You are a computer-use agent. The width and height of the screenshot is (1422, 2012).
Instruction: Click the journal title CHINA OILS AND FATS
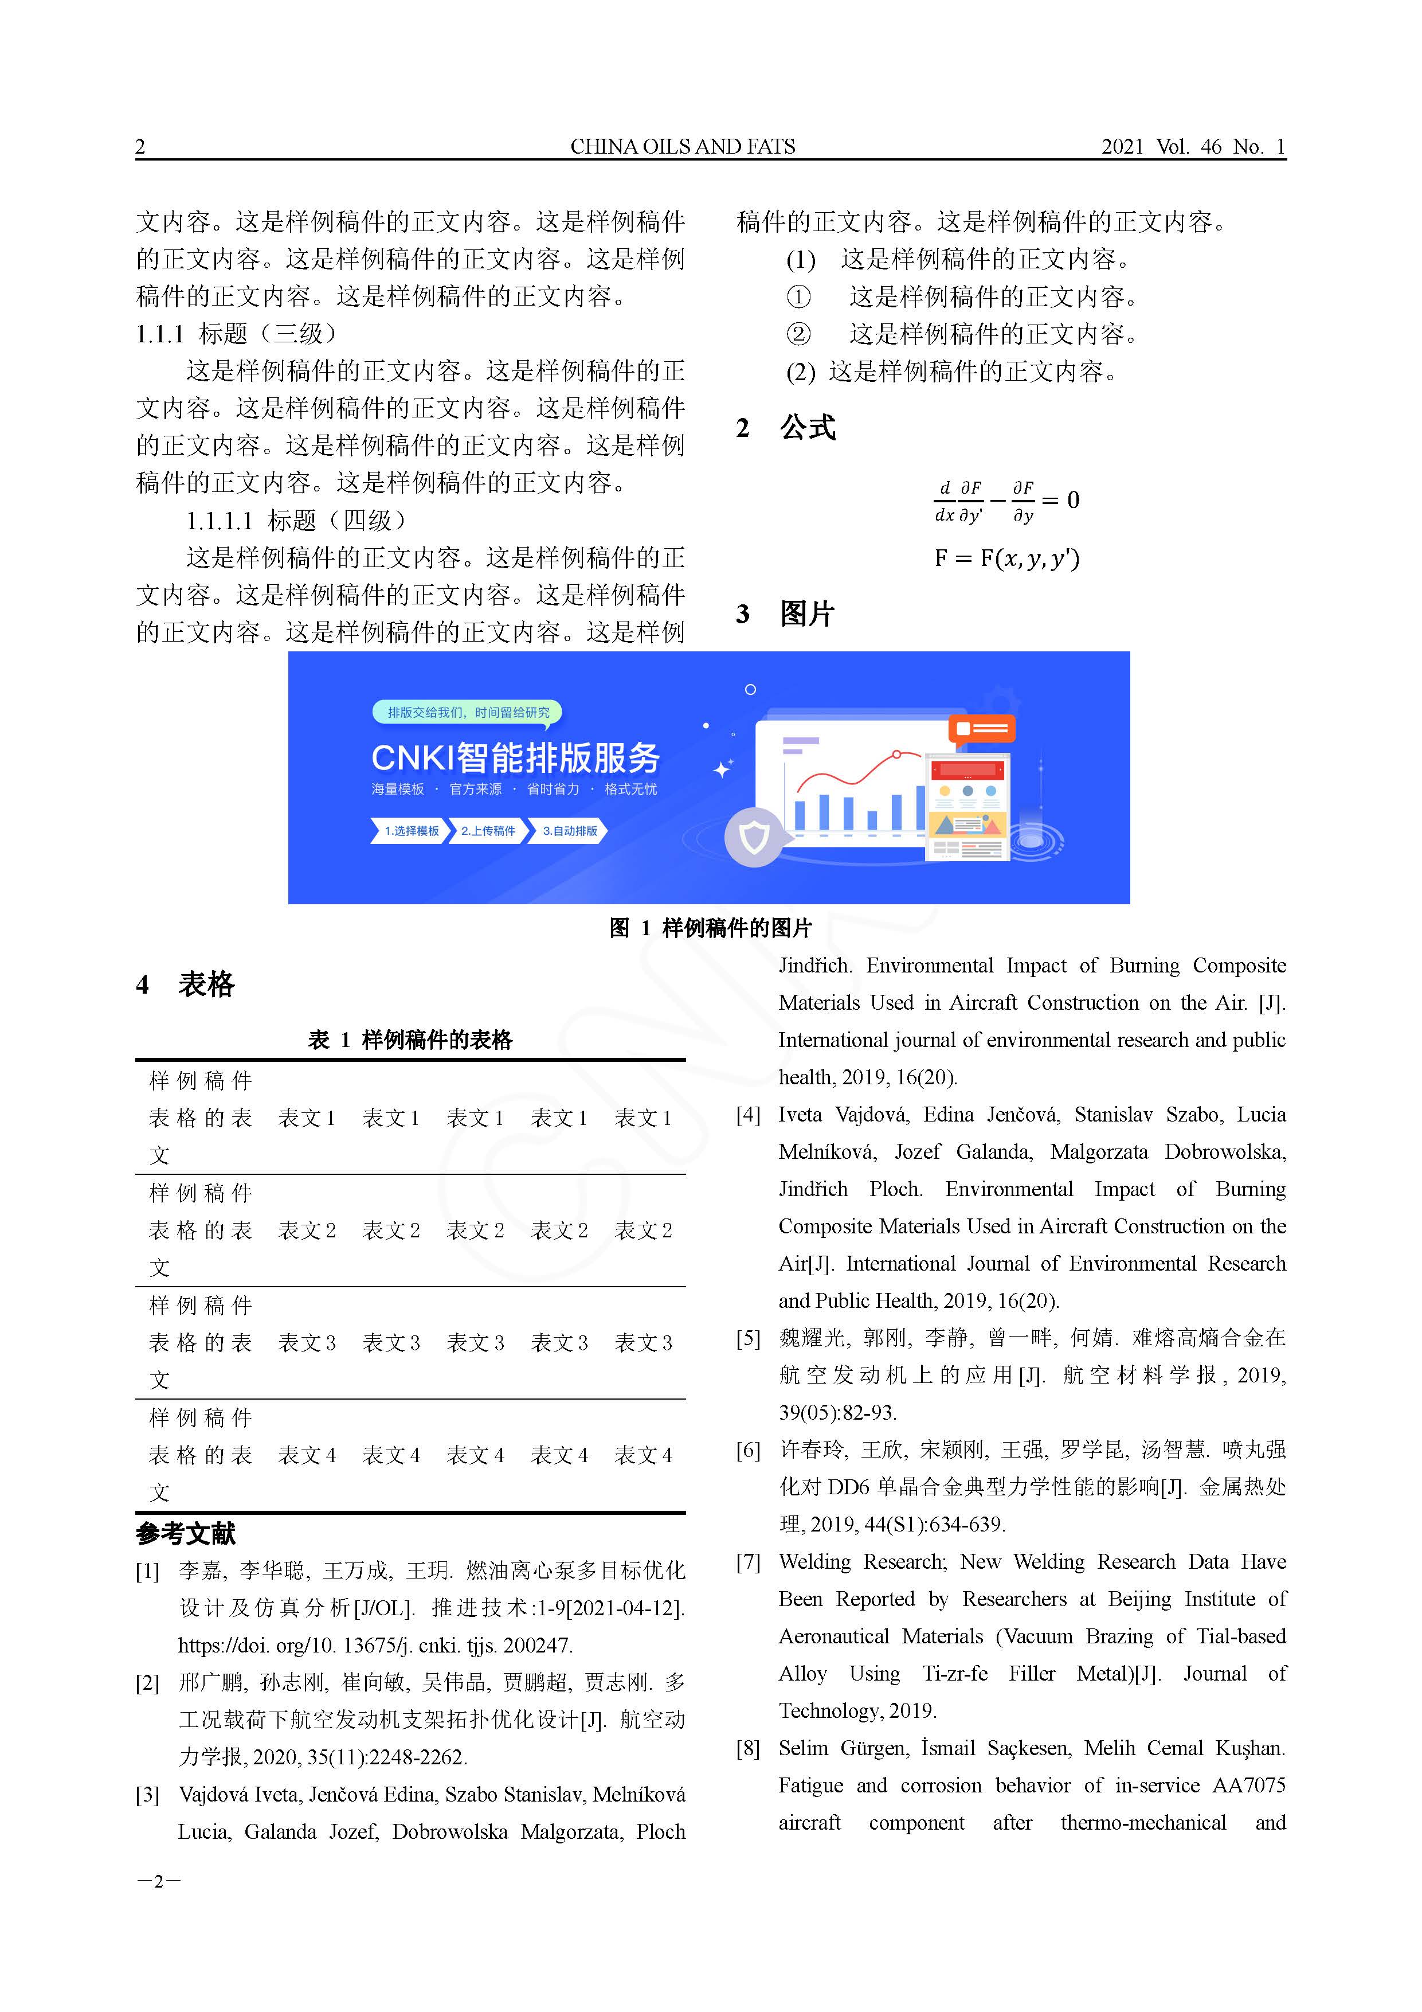[x=683, y=146]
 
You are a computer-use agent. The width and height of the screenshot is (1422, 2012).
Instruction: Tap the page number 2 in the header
[x=140, y=146]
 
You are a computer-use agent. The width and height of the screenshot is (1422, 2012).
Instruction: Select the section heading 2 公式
[x=786, y=428]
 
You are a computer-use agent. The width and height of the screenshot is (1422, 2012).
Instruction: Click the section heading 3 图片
[x=785, y=614]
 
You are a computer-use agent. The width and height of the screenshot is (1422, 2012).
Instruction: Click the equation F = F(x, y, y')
[x=1006, y=558]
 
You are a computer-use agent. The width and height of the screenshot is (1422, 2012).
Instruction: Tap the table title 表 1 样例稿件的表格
[x=410, y=1040]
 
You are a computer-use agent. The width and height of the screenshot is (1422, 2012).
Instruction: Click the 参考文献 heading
[x=186, y=1534]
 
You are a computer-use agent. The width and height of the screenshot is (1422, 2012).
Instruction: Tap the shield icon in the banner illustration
[x=754, y=838]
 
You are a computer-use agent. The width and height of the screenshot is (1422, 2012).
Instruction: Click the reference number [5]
[x=747, y=1338]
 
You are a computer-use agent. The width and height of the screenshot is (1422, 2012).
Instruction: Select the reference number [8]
[x=747, y=1748]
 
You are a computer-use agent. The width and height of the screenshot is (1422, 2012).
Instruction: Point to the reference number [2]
[x=147, y=1682]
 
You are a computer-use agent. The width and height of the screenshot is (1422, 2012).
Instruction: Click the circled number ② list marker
[x=798, y=334]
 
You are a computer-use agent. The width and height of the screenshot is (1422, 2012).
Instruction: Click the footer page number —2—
[x=159, y=1881]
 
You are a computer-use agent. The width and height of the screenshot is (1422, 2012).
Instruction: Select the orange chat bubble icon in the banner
[x=981, y=729]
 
